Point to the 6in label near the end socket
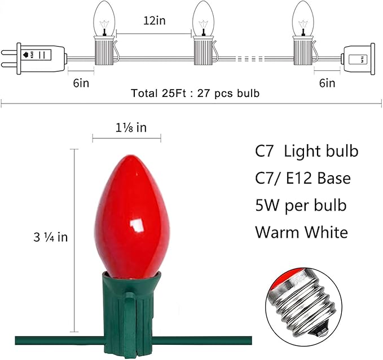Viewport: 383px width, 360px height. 327,83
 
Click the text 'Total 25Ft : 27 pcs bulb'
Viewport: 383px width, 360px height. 195,94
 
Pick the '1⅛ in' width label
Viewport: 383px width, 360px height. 127,127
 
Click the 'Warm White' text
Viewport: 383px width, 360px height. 301,232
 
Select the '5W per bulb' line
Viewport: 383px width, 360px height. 301,205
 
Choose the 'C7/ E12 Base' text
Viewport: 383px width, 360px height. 303,179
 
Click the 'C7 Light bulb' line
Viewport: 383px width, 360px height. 306,152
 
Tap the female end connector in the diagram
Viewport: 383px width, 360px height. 357,59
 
